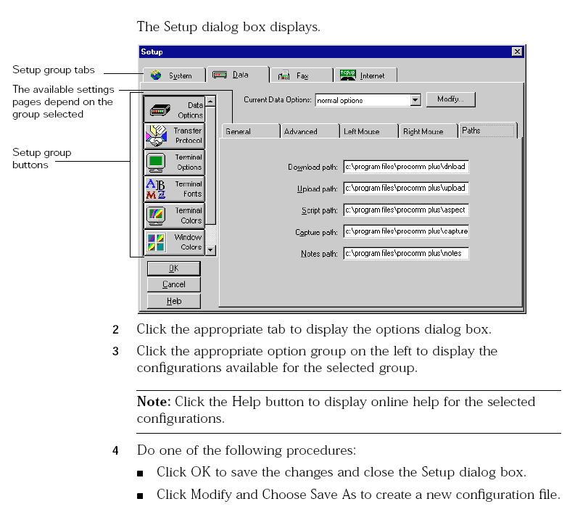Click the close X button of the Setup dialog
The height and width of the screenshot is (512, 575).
(x=517, y=51)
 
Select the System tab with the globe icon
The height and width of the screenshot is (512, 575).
(x=174, y=75)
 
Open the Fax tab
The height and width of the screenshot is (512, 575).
(x=302, y=75)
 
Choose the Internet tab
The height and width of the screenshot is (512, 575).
(x=365, y=75)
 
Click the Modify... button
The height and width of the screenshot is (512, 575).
(x=451, y=99)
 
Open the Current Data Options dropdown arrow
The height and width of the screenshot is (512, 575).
(x=415, y=100)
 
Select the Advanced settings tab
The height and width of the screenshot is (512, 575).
(x=310, y=131)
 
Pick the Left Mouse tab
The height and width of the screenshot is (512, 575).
(x=369, y=131)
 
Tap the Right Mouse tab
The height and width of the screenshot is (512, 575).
(x=429, y=131)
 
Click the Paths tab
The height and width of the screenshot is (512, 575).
(x=488, y=131)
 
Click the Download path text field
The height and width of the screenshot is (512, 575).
(x=406, y=167)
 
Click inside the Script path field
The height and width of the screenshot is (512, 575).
(x=406, y=210)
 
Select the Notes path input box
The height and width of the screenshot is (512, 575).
(x=406, y=253)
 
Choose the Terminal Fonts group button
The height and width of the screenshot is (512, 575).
(x=174, y=189)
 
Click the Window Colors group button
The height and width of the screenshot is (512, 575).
(x=174, y=242)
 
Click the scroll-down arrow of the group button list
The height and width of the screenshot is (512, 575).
(x=210, y=250)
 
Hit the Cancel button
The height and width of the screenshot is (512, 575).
(x=174, y=284)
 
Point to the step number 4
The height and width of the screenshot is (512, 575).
(x=115, y=450)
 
